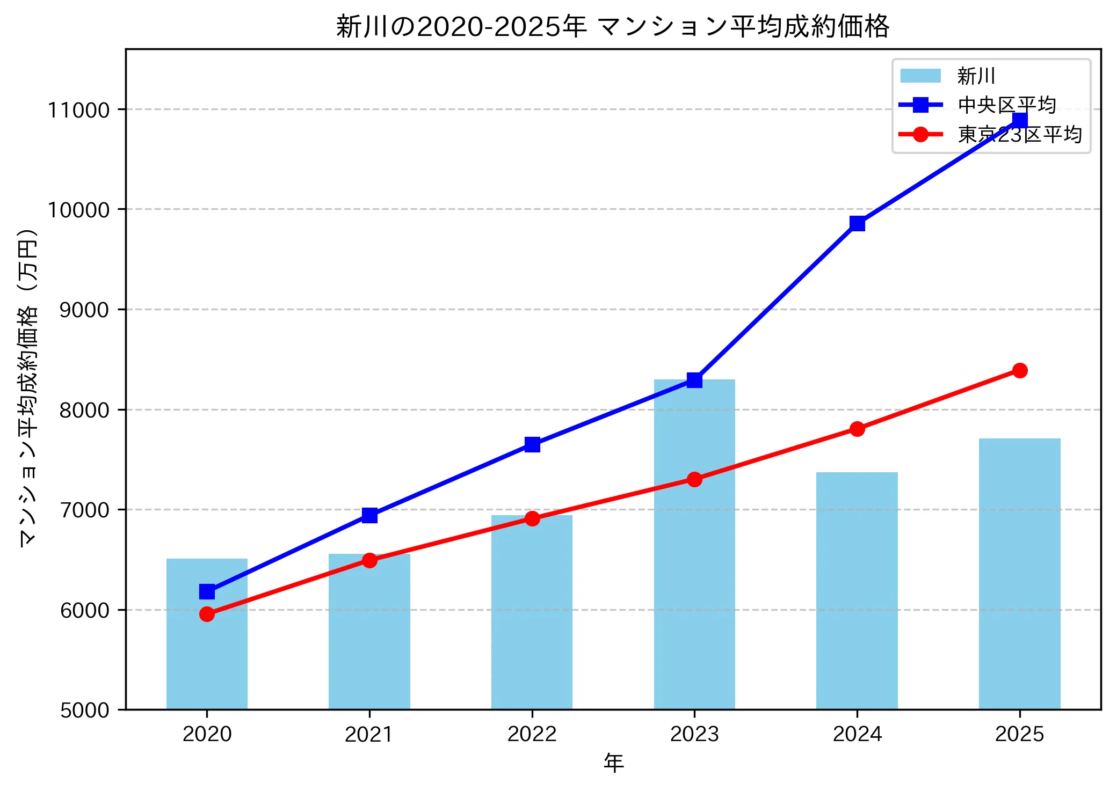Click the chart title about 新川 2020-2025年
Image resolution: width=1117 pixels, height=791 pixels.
(613, 27)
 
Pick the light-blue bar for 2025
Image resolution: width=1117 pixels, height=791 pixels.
(1019, 574)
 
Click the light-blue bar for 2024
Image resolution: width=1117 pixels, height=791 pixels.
(857, 590)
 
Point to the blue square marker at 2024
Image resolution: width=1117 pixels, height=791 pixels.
(857, 223)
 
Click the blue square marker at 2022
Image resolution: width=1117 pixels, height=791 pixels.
(532, 444)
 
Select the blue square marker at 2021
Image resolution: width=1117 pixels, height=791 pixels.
(369, 515)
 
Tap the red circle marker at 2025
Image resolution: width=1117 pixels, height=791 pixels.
(1020, 370)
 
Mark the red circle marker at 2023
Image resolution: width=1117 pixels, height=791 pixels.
(694, 479)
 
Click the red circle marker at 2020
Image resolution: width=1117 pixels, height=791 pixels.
(207, 614)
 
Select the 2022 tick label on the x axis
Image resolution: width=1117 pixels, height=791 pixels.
(532, 734)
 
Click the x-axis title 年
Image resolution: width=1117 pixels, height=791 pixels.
(613, 763)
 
